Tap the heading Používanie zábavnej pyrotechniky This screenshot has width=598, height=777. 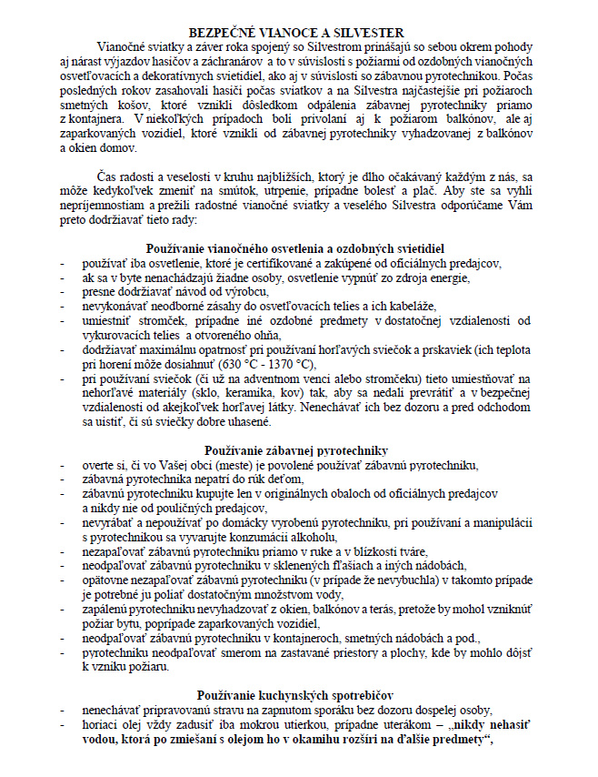coord(297,450)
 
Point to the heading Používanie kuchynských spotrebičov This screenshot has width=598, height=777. coord(297,696)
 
